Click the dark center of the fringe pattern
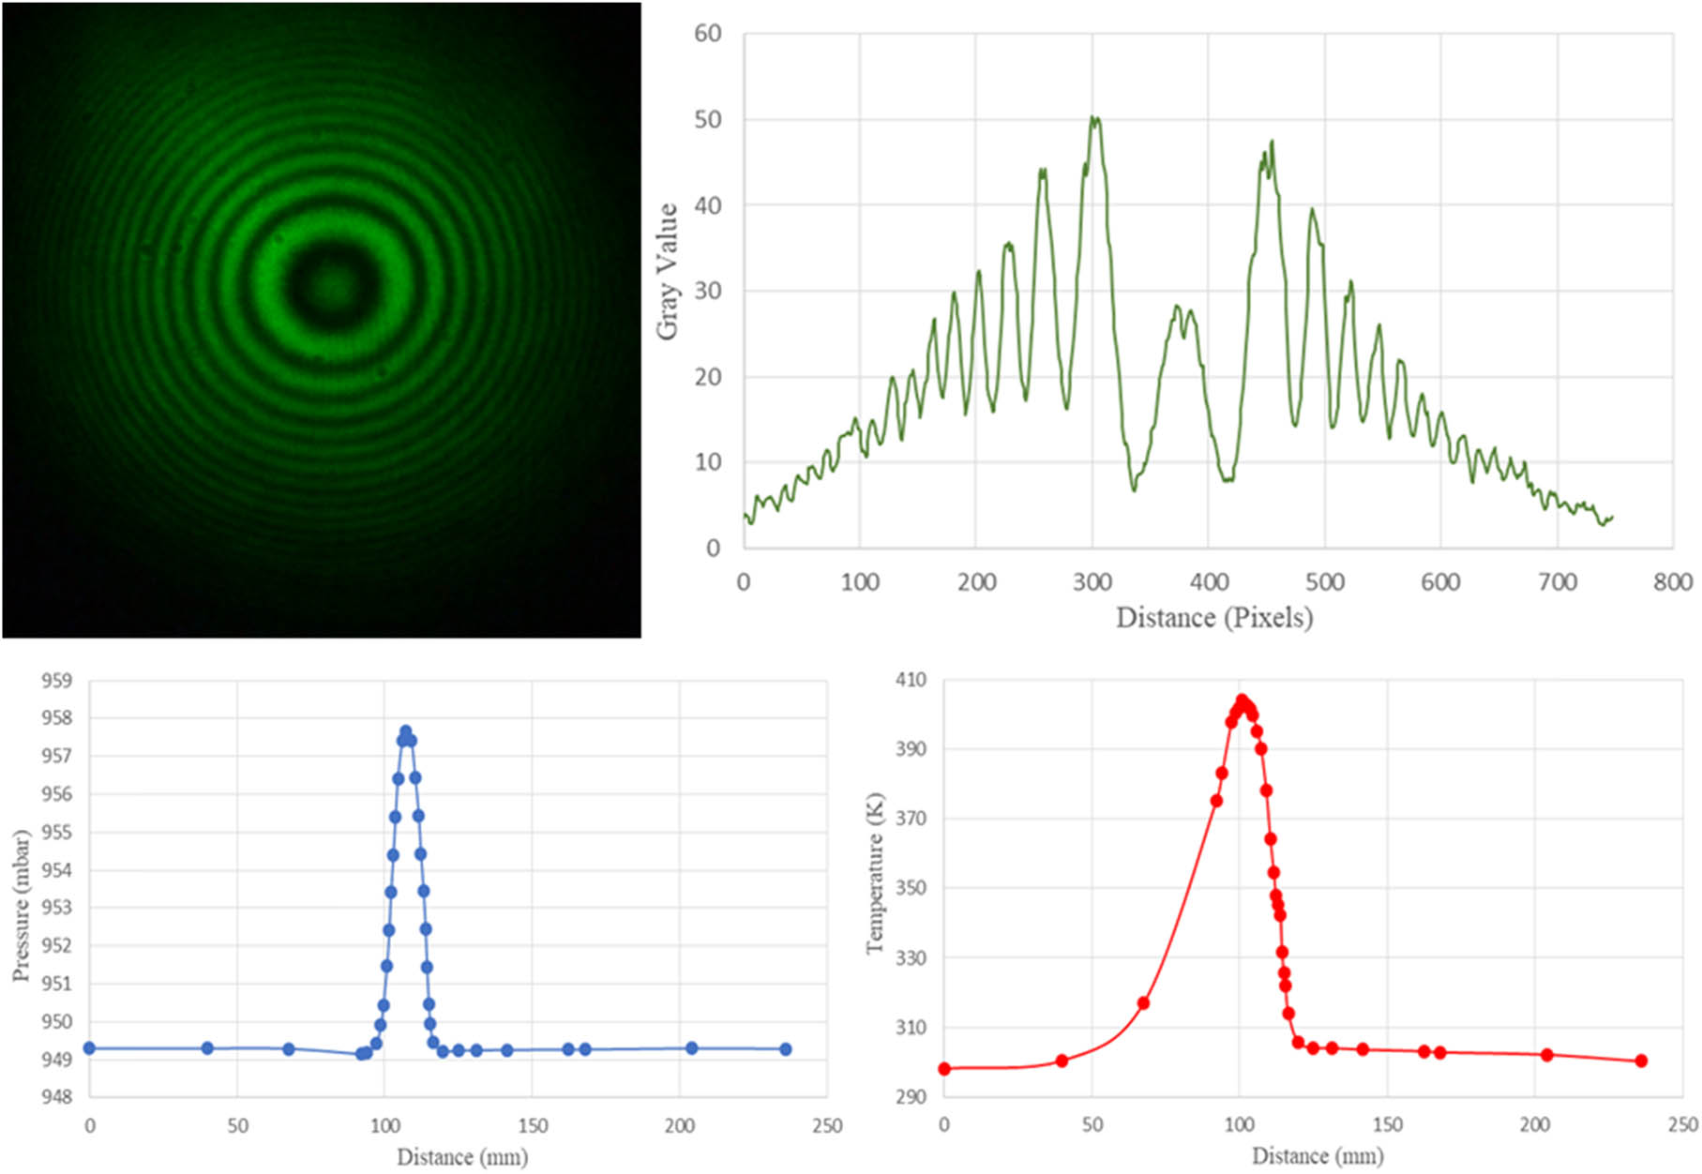pos(329,284)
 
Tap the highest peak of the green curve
pos(1093,118)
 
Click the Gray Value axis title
pos(667,272)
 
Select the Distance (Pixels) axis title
pos(1213,618)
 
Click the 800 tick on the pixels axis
pos(1673,582)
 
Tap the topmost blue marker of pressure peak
pos(405,730)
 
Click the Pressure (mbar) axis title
pos(21,906)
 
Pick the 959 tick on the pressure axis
pos(56,681)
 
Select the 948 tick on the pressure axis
pos(56,1097)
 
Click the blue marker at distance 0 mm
pos(89,1048)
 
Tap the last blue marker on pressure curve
pos(786,1049)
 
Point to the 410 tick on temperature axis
pos(911,680)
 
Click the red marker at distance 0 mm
pos(944,1069)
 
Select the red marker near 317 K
pos(1143,1003)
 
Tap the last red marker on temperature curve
pos(1641,1061)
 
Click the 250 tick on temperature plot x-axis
pos(1682,1124)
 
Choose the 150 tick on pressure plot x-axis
pos(532,1125)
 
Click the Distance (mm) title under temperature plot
pos(1317,1156)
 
